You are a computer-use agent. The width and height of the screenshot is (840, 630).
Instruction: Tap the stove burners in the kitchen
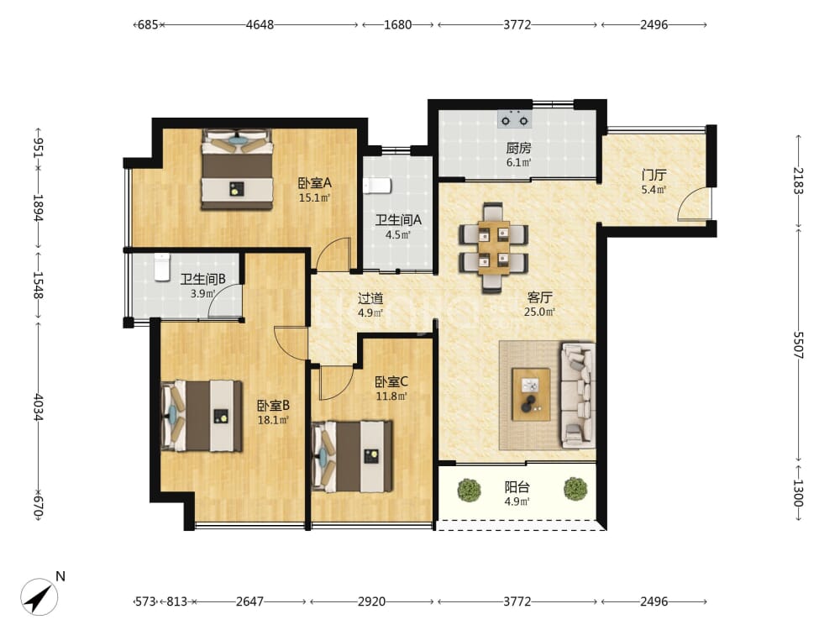pyautogui.click(x=514, y=120)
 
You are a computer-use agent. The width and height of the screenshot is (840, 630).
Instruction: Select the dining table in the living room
pyautogui.click(x=493, y=248)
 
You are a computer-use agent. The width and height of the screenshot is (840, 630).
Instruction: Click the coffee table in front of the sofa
pyautogui.click(x=530, y=394)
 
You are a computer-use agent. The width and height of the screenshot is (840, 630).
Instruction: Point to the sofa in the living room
pyautogui.click(x=578, y=396)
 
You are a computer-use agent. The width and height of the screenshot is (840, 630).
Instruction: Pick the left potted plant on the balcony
pyautogui.click(x=470, y=490)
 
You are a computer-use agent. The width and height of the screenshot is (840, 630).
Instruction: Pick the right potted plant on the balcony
pyautogui.click(x=575, y=489)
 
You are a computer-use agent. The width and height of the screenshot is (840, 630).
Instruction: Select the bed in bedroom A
pyautogui.click(x=238, y=170)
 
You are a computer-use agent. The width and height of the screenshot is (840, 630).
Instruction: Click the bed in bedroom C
pyautogui.click(x=352, y=456)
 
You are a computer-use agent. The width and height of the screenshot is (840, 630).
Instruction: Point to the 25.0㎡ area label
pyautogui.click(x=539, y=312)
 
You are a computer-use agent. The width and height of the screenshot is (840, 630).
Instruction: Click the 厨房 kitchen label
pyautogui.click(x=518, y=147)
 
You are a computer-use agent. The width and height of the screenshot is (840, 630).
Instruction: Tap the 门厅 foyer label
pyautogui.click(x=654, y=176)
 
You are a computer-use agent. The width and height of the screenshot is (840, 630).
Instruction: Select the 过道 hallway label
pyautogui.click(x=370, y=298)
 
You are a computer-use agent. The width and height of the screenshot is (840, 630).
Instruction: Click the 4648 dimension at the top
pyautogui.click(x=260, y=24)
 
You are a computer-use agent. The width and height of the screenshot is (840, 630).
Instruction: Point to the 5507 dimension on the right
pyautogui.click(x=798, y=345)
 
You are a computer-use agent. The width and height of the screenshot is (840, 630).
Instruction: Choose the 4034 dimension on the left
pyautogui.click(x=38, y=407)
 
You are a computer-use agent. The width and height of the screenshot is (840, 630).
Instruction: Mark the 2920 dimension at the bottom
pyautogui.click(x=372, y=601)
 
